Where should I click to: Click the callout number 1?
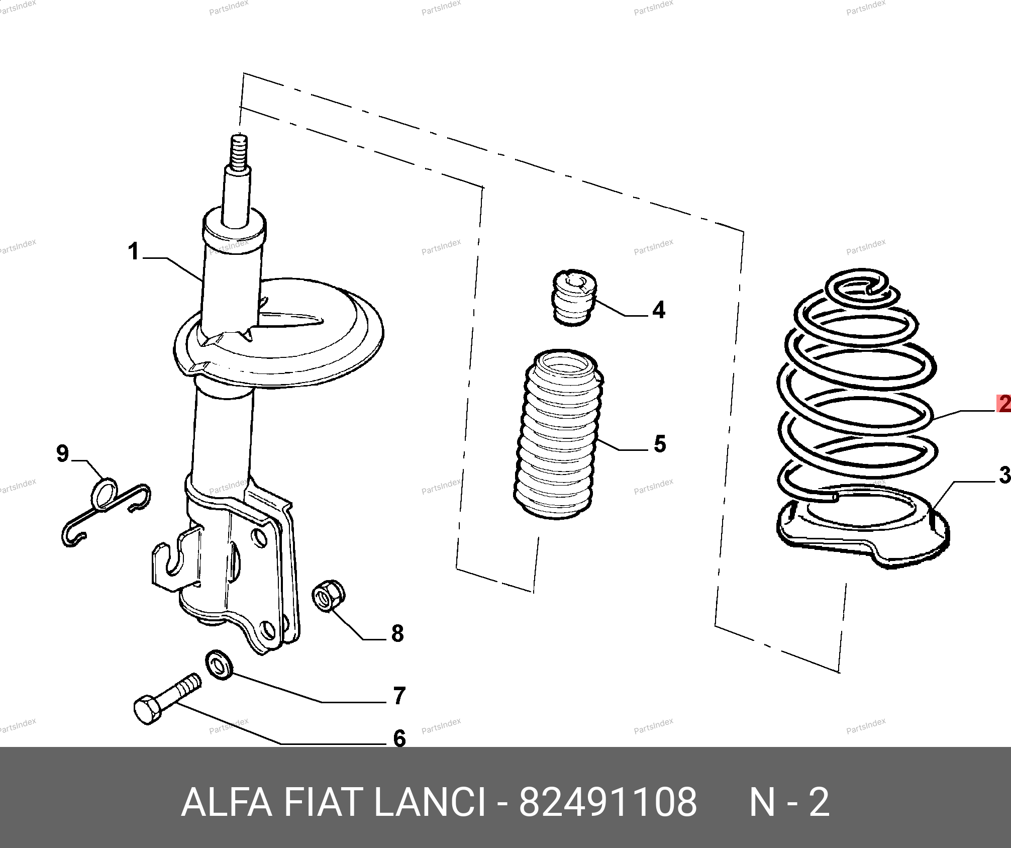(133, 251)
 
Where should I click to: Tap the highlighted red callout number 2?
(1004, 404)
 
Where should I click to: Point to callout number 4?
(659, 310)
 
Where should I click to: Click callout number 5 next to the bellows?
(660, 444)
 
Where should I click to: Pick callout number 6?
(399, 738)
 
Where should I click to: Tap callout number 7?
(399, 696)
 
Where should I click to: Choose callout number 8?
(397, 633)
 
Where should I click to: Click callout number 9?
(62, 453)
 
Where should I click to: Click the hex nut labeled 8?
(328, 596)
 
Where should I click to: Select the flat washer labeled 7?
(220, 665)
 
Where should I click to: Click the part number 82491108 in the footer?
(608, 803)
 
